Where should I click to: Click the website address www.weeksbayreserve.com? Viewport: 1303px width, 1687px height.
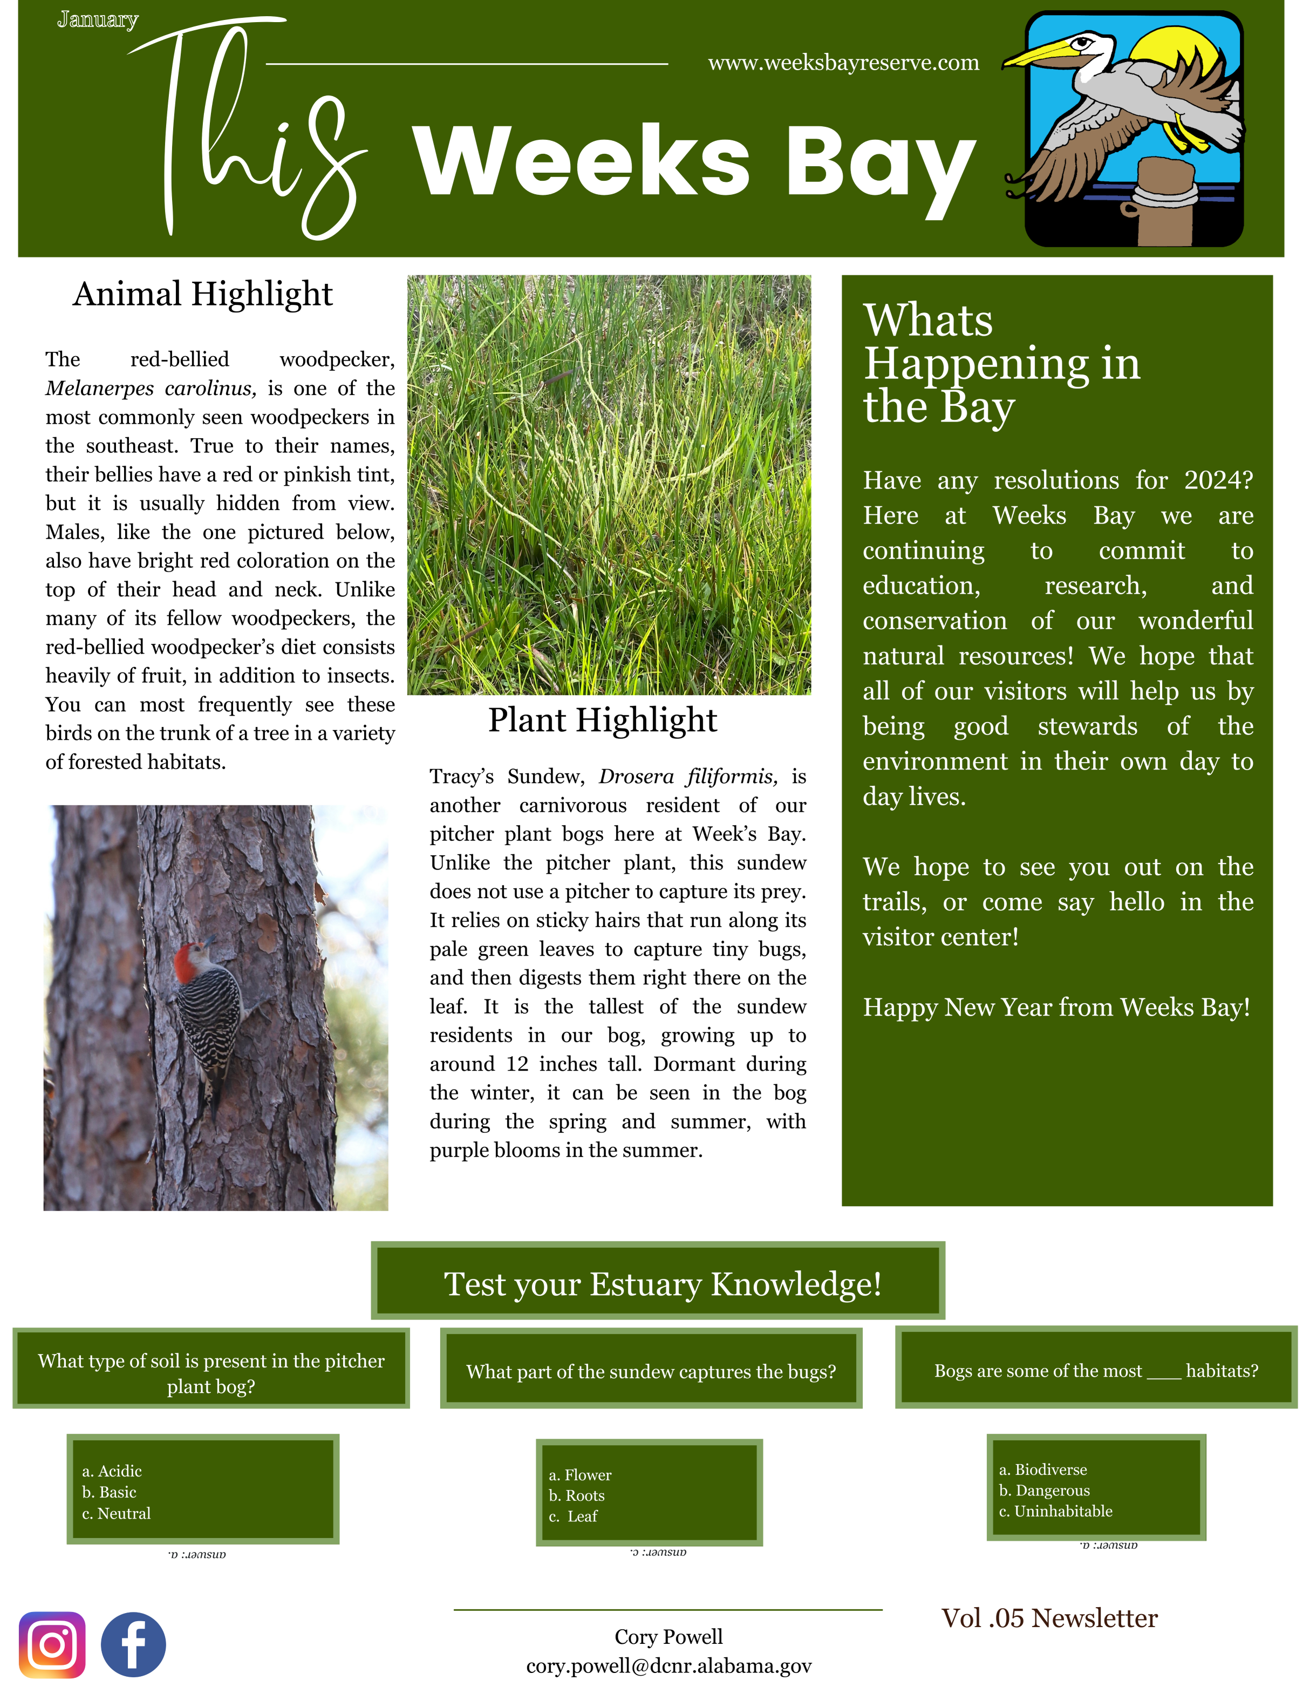(x=843, y=63)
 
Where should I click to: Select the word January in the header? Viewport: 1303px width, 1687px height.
(x=97, y=20)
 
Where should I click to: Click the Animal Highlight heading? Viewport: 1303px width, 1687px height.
(x=202, y=294)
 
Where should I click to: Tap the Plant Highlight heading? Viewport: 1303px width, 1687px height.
(x=603, y=720)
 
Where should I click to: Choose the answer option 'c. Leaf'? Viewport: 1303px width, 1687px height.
(x=574, y=1516)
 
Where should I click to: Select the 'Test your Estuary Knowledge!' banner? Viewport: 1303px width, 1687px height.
(x=662, y=1284)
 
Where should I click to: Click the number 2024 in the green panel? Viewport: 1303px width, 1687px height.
(x=1218, y=480)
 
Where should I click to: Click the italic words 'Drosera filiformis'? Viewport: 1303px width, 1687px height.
(x=687, y=776)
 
